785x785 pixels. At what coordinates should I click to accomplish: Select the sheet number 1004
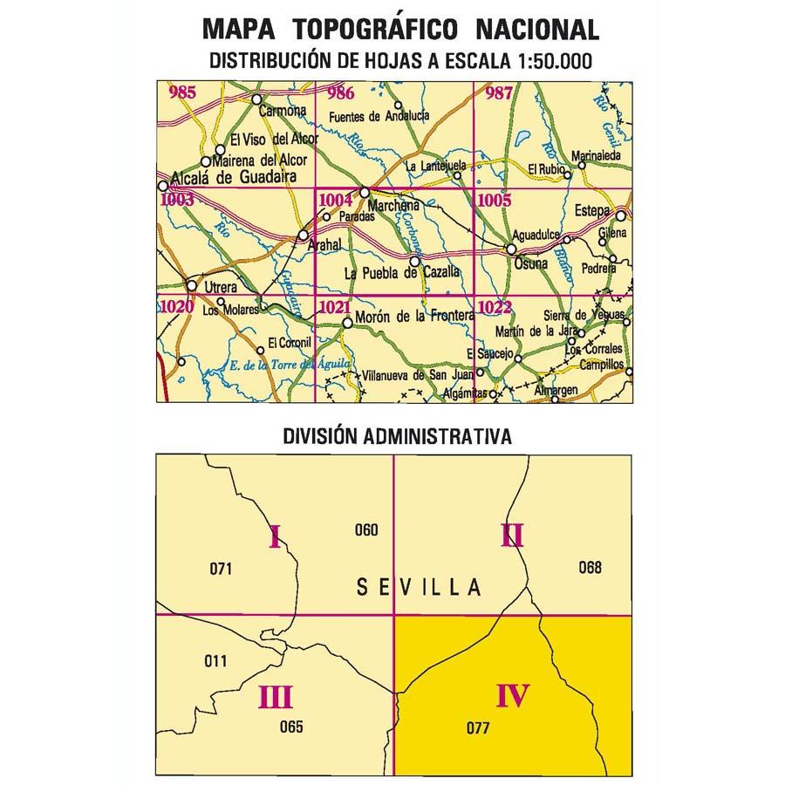tap(336, 200)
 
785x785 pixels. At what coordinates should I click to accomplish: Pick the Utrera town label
tap(220, 287)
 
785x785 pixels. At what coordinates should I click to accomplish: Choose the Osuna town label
tap(531, 263)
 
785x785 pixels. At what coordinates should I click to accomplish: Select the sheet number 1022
tap(495, 306)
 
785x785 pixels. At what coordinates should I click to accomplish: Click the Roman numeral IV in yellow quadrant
tap(513, 696)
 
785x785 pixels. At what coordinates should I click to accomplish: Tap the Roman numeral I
tap(275, 539)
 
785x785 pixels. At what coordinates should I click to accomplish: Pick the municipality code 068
tap(590, 568)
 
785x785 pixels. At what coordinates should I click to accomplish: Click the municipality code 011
tap(214, 660)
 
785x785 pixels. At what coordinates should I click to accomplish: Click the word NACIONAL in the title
tap(538, 30)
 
